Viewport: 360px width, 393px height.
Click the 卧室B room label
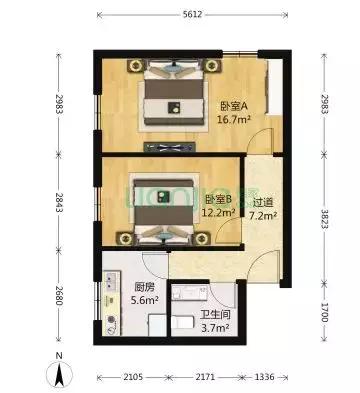pos(218,199)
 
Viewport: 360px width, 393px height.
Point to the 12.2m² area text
pos(218,212)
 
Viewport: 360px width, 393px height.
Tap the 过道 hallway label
pos(265,200)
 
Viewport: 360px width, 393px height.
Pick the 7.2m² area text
pos(265,213)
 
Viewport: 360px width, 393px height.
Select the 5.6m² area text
pos(117,297)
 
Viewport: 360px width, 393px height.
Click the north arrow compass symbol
pos(61,374)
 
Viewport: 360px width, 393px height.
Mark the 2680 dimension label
pos(64,297)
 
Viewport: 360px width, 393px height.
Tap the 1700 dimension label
pos(323,310)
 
